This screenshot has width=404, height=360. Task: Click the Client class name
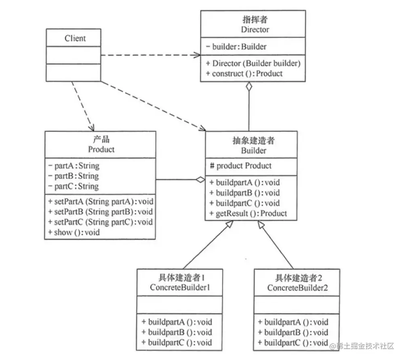75,38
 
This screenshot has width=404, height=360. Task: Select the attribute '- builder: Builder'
236,47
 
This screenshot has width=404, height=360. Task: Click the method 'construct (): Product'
244,73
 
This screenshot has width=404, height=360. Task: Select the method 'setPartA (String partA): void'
100,201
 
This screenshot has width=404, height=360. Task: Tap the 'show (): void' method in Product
74,232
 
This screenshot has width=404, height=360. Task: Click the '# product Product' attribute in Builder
240,166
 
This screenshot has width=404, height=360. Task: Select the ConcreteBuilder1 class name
179,288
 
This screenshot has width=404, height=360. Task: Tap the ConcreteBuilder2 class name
297,288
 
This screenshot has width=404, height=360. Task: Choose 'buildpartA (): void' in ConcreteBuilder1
177,322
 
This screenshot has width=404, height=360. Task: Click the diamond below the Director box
249,87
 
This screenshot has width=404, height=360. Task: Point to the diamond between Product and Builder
200,180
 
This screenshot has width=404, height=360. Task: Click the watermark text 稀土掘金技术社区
366,346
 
